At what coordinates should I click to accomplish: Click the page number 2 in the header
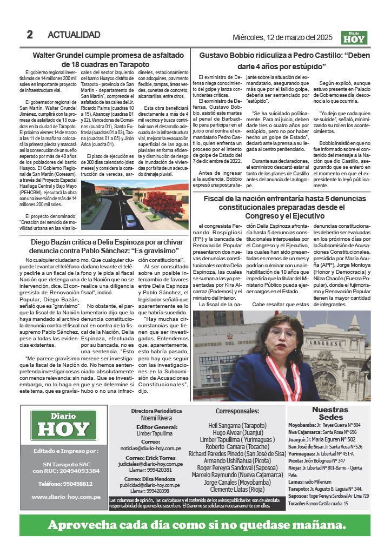[x=30, y=35]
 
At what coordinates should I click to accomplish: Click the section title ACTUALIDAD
[x=74, y=35]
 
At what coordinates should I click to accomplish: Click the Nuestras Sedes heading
[x=330, y=414]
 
